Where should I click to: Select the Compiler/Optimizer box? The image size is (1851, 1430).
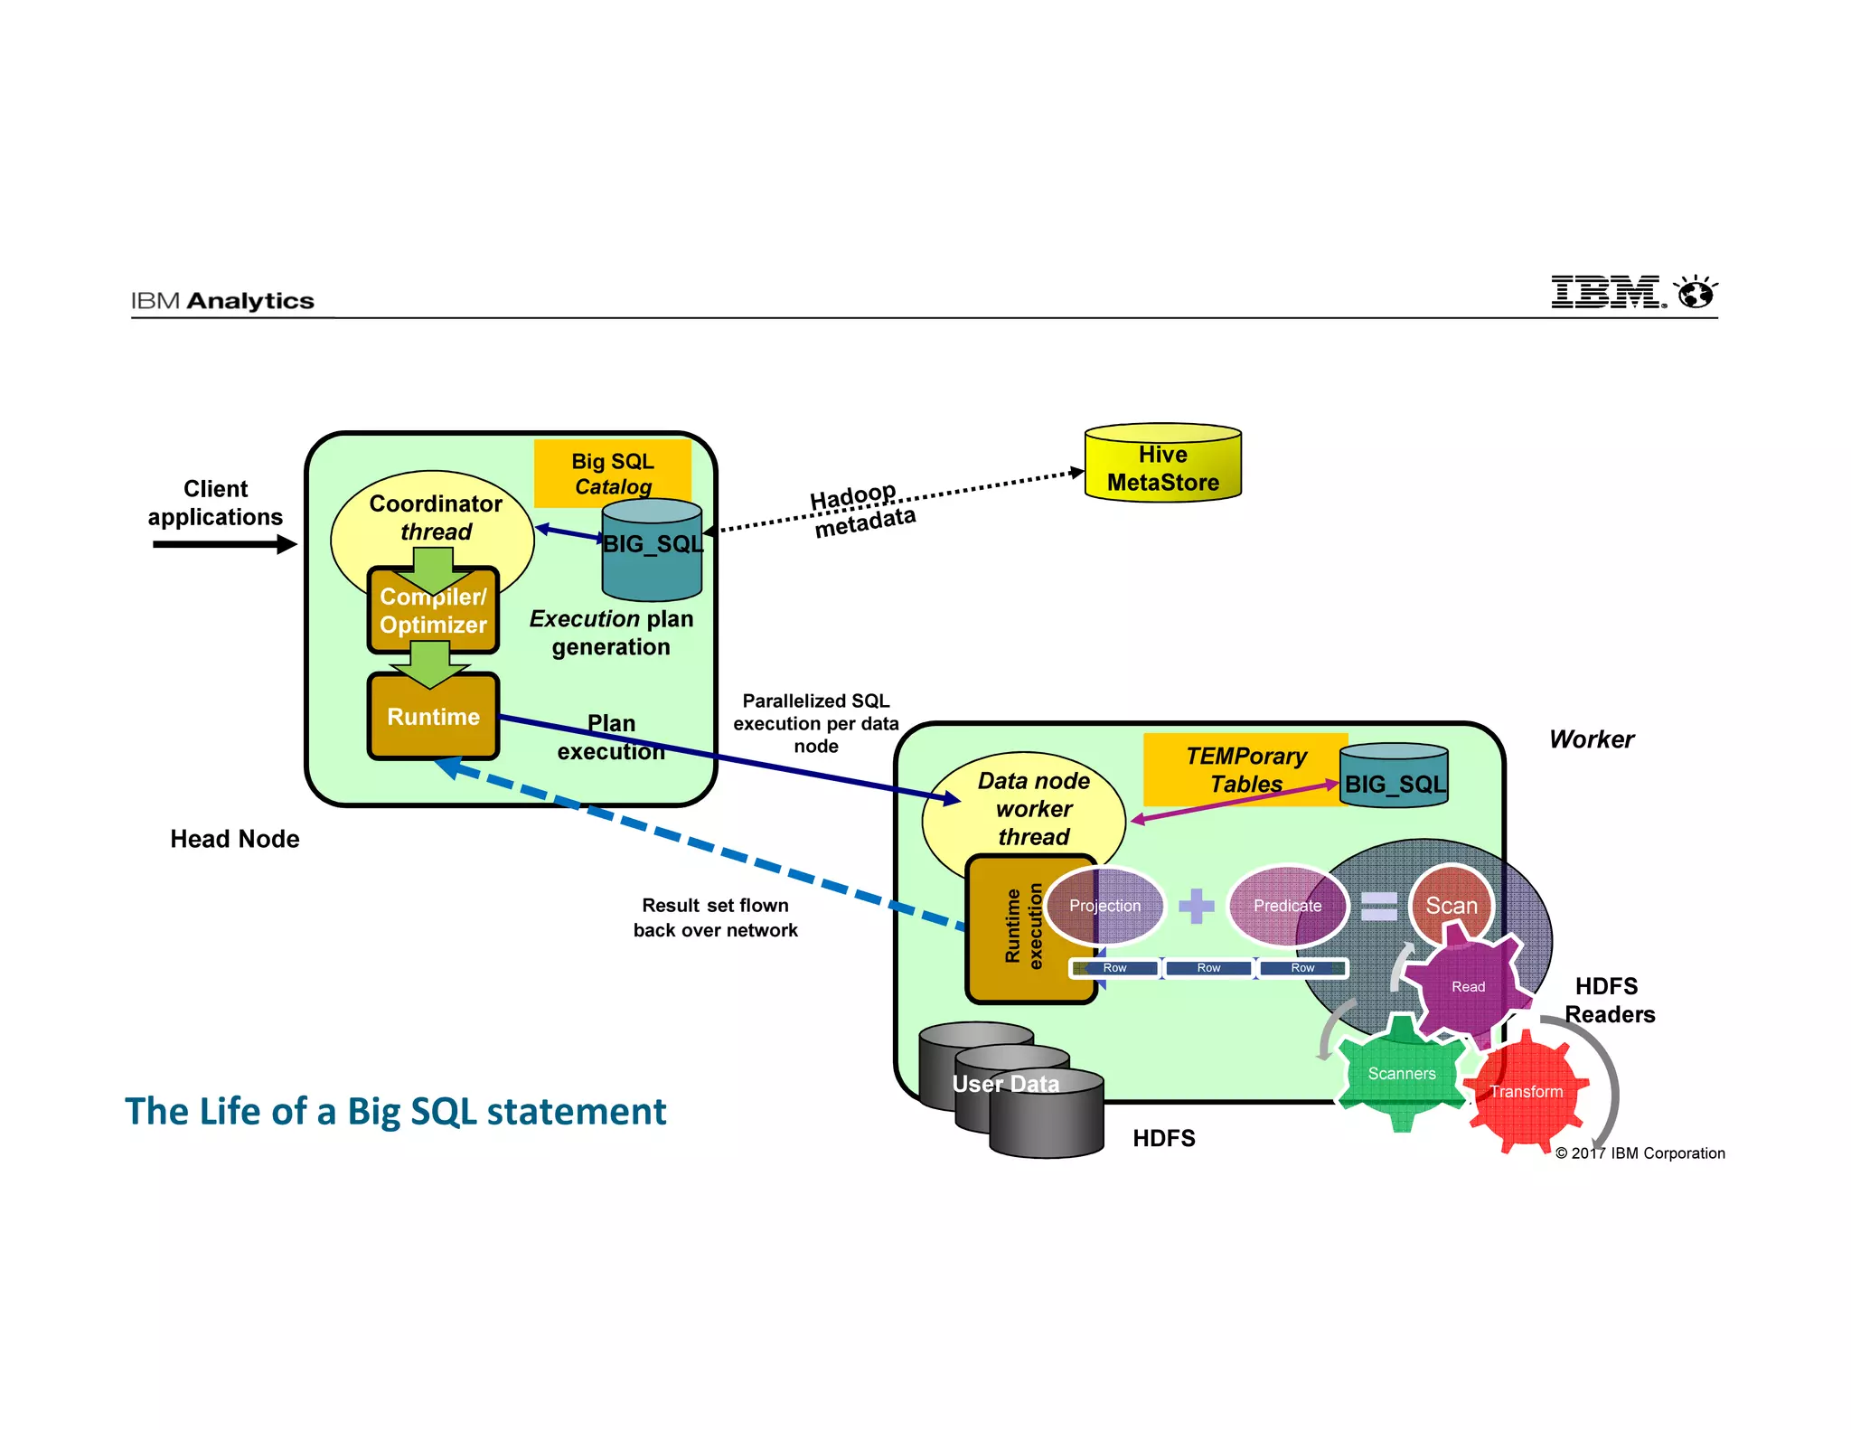433,612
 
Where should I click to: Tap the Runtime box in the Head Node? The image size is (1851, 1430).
433,717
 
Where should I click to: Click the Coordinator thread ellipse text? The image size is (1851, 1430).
435,517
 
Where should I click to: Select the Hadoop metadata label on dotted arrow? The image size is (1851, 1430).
861,510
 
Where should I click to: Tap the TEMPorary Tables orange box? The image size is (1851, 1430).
1245,769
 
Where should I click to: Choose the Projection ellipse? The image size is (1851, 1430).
1104,906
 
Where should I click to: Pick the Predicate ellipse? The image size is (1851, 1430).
1287,906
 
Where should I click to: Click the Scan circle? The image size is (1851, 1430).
1451,905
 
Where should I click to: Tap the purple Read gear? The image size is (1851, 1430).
1468,986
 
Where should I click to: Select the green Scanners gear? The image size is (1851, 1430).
1401,1074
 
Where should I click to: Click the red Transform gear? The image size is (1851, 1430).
1526,1092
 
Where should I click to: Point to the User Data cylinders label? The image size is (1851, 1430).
1005,1084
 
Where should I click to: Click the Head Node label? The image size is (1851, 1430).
235,839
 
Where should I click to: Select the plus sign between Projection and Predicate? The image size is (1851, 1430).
1196,906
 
